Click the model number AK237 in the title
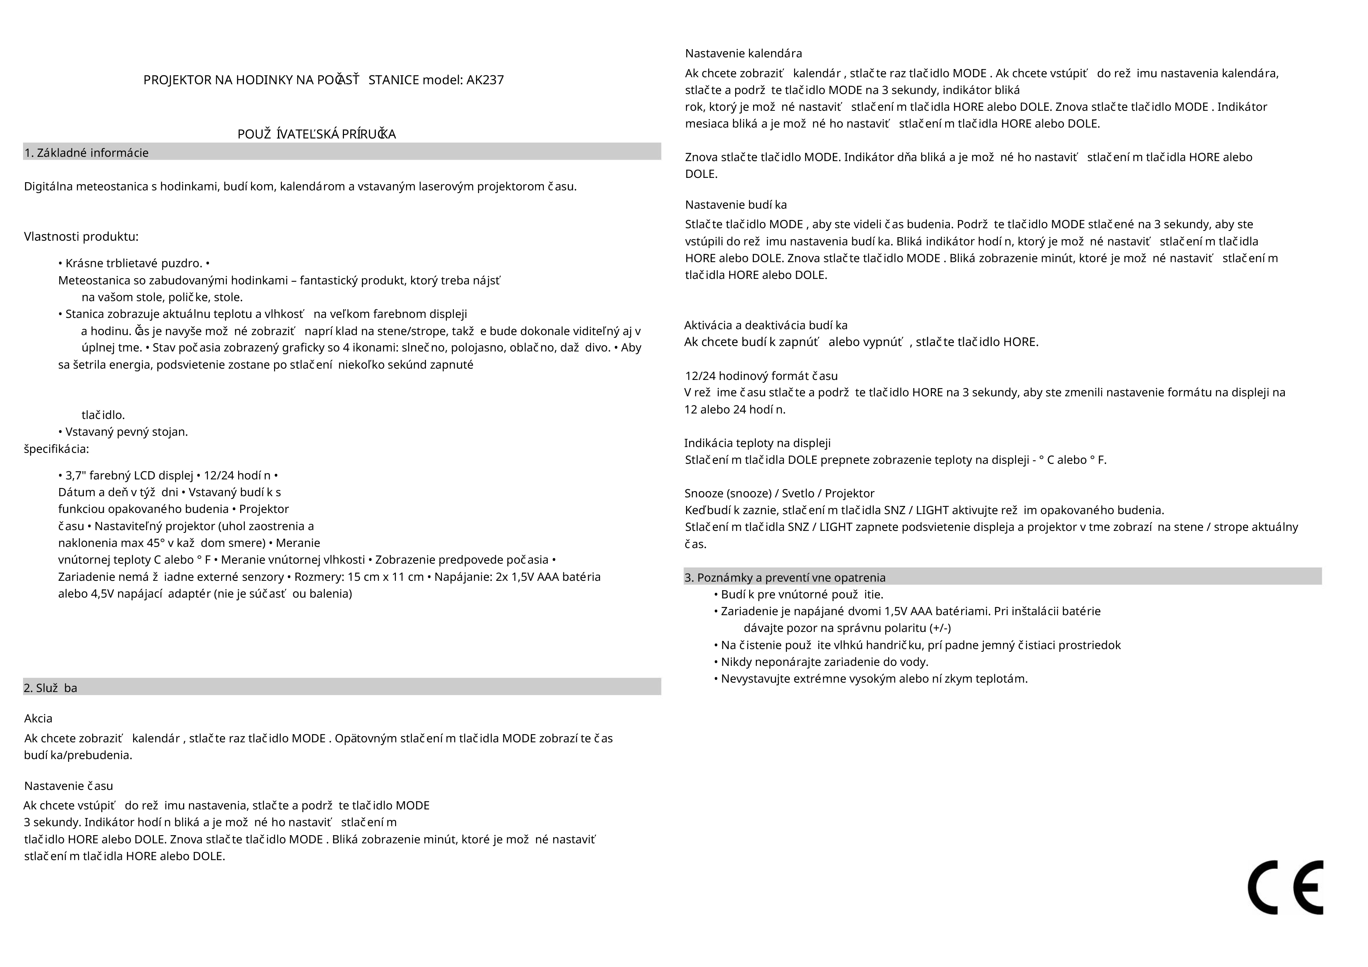point(485,80)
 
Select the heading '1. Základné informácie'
point(86,153)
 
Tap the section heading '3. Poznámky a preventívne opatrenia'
point(785,578)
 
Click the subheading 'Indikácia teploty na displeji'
point(757,443)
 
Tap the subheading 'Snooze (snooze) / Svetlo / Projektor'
point(779,493)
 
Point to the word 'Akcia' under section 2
point(38,719)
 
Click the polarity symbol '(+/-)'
point(940,628)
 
